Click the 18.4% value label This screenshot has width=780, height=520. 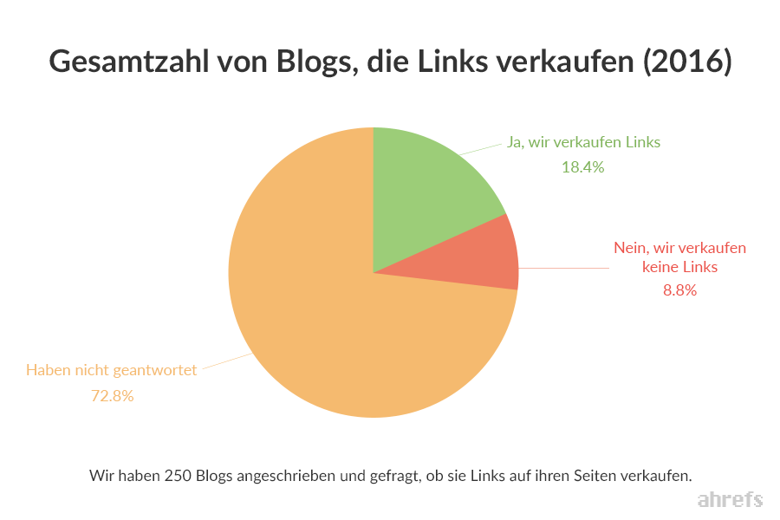coord(582,167)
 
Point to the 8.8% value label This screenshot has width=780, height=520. coord(679,290)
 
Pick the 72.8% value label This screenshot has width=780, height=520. coord(112,396)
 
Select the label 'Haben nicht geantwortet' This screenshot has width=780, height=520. coord(112,370)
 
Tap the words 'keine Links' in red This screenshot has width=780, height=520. coord(679,267)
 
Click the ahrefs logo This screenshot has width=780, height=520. coord(730,500)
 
